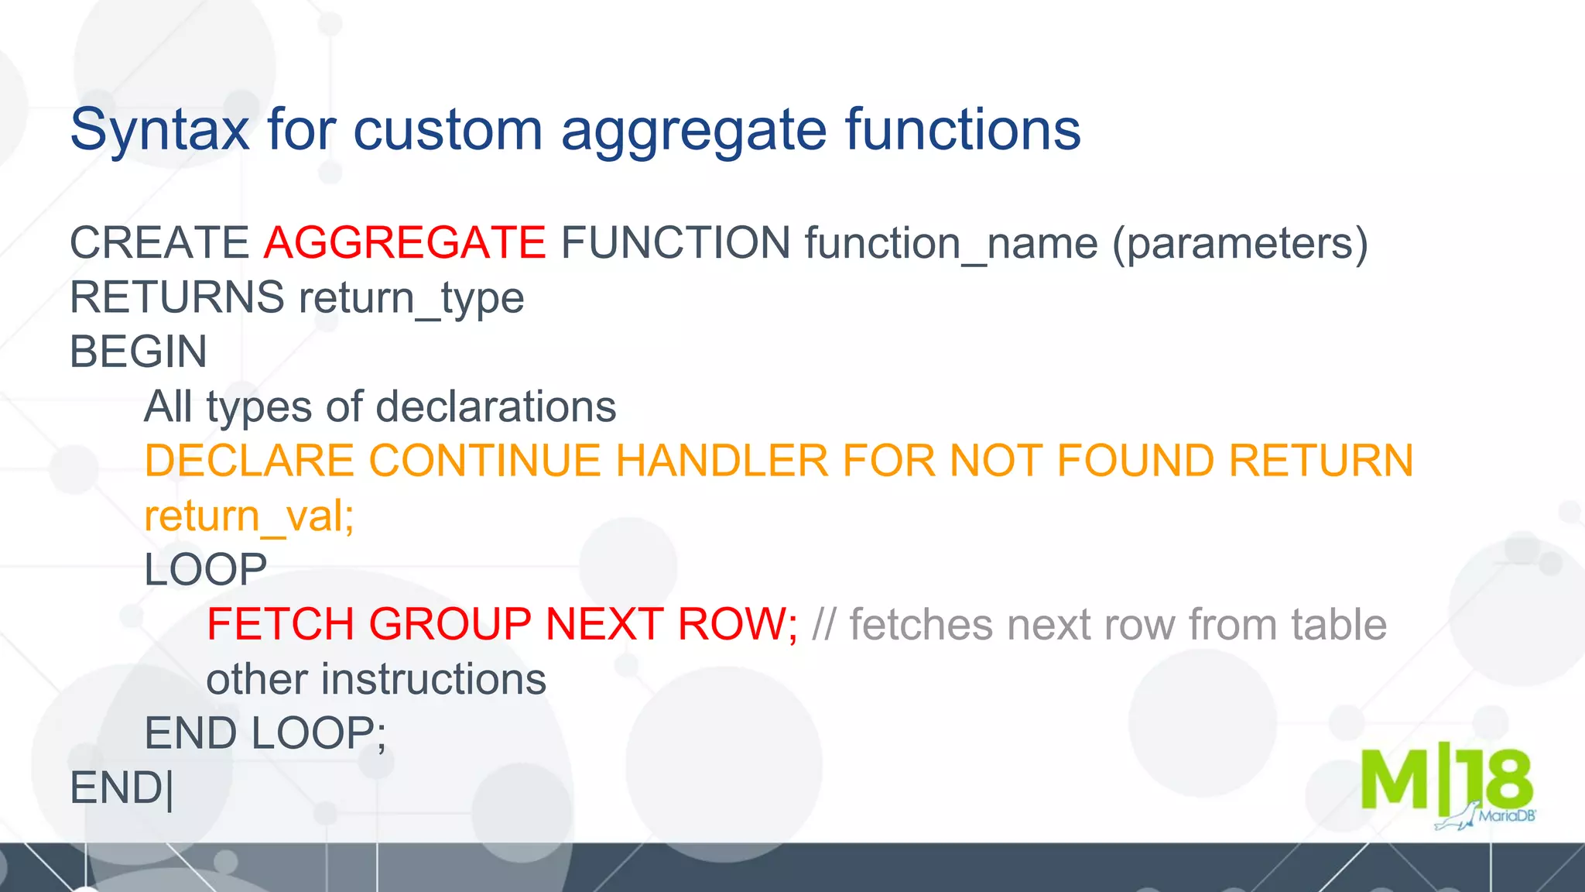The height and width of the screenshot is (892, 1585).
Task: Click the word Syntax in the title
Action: tap(159, 130)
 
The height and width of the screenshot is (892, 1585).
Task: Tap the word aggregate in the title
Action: tap(693, 130)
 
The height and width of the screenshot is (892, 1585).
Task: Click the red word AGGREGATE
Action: tap(405, 243)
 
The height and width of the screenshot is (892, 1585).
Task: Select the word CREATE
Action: tap(159, 243)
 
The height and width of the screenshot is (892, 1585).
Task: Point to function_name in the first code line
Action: tap(951, 243)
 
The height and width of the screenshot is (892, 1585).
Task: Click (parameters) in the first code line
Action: tap(1240, 243)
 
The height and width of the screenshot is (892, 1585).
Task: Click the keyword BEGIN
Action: tap(139, 352)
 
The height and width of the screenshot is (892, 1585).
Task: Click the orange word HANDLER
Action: tap(721, 461)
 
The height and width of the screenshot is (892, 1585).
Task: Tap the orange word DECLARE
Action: tap(249, 461)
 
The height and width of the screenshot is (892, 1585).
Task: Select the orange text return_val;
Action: tap(249, 516)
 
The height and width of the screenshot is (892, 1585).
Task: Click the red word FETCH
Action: tap(280, 624)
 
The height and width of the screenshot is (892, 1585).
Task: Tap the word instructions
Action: tap(433, 679)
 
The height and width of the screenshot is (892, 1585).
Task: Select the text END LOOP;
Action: tap(265, 733)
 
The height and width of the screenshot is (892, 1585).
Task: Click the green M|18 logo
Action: tap(1445, 780)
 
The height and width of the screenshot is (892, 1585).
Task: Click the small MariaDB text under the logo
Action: tap(1506, 816)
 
